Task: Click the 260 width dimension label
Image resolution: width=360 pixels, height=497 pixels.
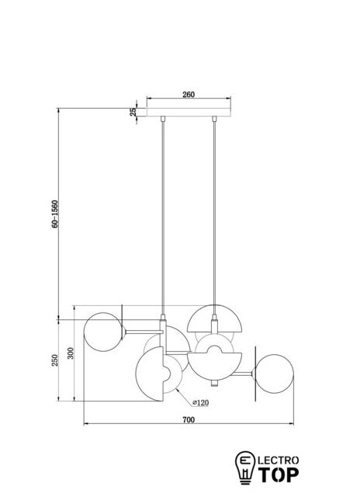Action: [x=189, y=95]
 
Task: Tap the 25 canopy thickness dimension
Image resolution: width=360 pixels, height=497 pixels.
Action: [x=133, y=112]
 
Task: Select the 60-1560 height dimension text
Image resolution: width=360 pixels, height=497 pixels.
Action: [x=55, y=214]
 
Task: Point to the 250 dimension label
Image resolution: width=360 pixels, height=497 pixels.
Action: [x=55, y=360]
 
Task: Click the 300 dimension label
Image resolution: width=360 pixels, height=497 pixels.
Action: [x=71, y=353]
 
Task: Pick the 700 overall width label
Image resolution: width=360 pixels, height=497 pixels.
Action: [x=189, y=419]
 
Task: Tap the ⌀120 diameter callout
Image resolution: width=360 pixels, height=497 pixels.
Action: [x=201, y=403]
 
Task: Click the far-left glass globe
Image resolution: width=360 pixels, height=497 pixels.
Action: [x=103, y=332]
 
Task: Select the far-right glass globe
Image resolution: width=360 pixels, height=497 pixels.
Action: [x=274, y=374]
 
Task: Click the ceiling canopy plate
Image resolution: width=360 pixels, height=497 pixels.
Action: [x=189, y=112]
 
